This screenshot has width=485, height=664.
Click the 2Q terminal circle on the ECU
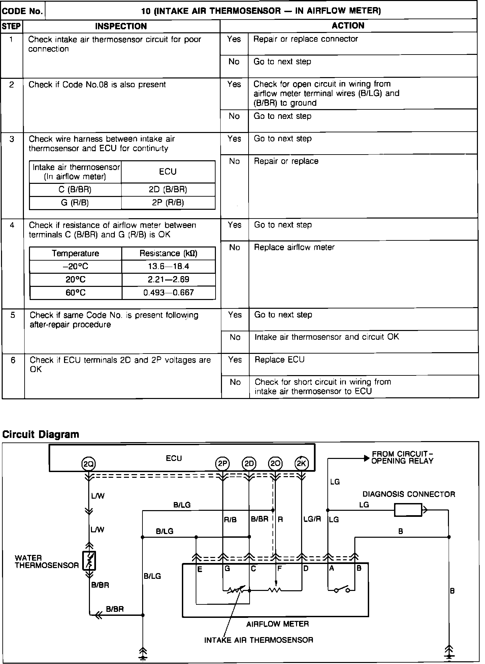click(89, 464)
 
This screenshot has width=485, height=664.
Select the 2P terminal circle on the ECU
click(222, 464)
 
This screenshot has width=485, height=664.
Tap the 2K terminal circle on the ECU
click(301, 464)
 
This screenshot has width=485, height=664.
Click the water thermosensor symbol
click(89, 561)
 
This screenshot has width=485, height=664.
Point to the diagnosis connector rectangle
click(408, 510)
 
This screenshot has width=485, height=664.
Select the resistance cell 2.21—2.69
click(168, 279)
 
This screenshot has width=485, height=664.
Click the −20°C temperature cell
click(75, 267)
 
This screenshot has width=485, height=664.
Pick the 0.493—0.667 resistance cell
click(168, 293)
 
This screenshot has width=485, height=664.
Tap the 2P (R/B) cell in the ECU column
click(168, 203)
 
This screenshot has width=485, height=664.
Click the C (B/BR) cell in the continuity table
click(75, 190)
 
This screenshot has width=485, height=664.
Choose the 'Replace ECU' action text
click(280, 360)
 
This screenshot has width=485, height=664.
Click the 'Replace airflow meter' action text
click(294, 247)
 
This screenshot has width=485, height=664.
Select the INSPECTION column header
click(121, 26)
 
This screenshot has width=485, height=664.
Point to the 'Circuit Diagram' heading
click(41, 434)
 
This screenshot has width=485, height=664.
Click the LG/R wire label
click(312, 519)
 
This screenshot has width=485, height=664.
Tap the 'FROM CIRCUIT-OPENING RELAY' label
click(402, 458)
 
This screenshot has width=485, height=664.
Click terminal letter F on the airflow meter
click(280, 569)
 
